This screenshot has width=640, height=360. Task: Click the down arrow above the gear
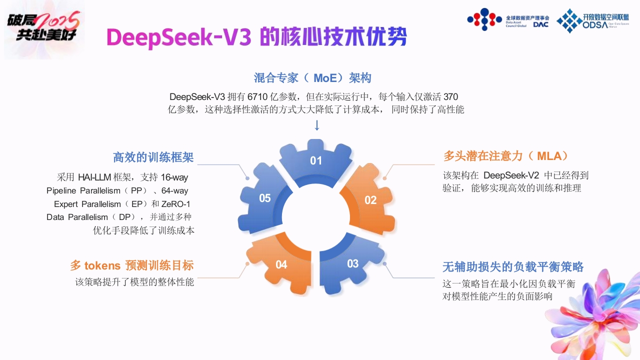316,125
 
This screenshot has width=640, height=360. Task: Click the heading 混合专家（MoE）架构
312,77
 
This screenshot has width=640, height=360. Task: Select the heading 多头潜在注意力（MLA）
505,156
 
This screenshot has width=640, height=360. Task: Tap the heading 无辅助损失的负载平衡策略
513,266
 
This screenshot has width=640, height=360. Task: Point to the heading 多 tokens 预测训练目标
132,265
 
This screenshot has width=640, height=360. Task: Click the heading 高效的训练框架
153,157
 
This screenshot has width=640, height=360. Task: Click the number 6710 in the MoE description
257,97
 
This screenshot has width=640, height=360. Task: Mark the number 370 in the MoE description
451,97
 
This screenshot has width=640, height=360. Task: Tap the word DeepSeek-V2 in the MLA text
511,175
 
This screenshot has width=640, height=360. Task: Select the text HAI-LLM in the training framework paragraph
94,177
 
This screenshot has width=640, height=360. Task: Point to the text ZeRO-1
175,204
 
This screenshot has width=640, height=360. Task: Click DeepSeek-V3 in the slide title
179,37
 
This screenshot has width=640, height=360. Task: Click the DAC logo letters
541,24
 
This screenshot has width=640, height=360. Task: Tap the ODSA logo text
595,25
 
